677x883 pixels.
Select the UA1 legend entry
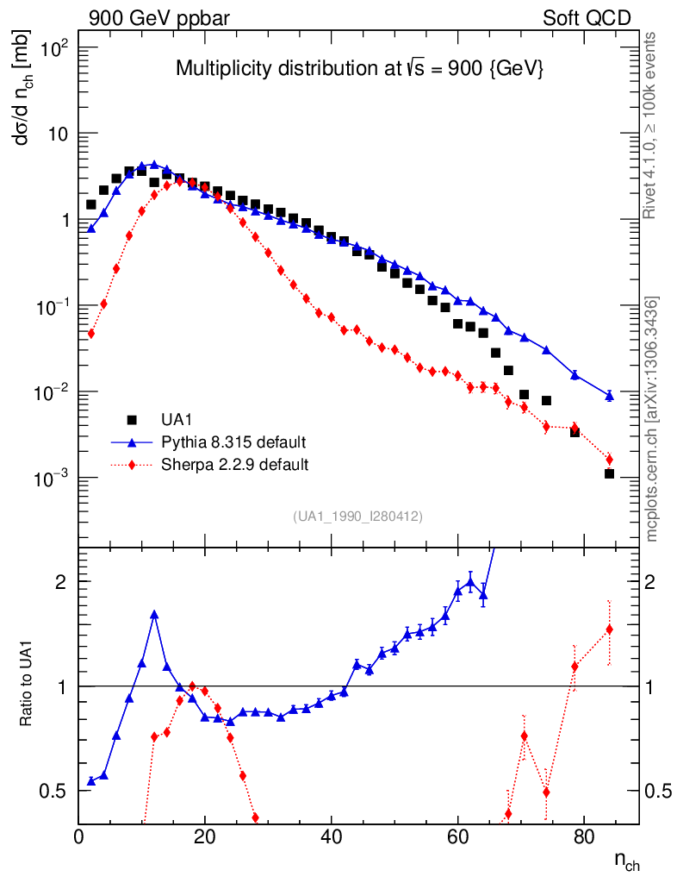pyautogui.click(x=179, y=420)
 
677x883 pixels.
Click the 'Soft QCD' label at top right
pyautogui.click(x=587, y=18)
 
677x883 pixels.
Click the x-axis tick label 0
pyautogui.click(x=79, y=836)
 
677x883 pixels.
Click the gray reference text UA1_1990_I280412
pyautogui.click(x=357, y=516)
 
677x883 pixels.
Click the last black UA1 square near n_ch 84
pyautogui.click(x=609, y=473)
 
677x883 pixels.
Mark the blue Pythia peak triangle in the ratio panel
pyautogui.click(x=154, y=615)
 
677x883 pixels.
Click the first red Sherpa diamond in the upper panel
pyautogui.click(x=90, y=334)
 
